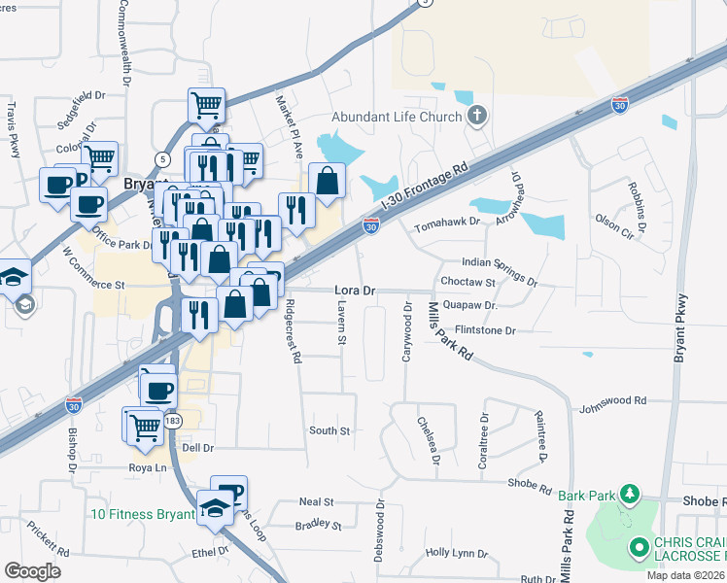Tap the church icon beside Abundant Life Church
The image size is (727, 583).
point(476,118)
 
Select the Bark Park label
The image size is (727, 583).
point(587,495)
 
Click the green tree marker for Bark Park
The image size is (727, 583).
point(630,495)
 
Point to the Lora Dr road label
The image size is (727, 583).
point(354,291)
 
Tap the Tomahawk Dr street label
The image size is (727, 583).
point(447,223)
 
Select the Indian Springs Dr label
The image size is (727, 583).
point(499,270)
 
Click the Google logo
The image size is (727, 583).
point(33,570)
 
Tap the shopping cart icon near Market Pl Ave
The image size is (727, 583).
point(206,106)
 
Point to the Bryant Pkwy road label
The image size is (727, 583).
point(681,328)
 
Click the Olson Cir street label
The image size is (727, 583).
point(614,227)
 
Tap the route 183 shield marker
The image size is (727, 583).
point(173,420)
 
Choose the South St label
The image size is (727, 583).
point(329,429)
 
